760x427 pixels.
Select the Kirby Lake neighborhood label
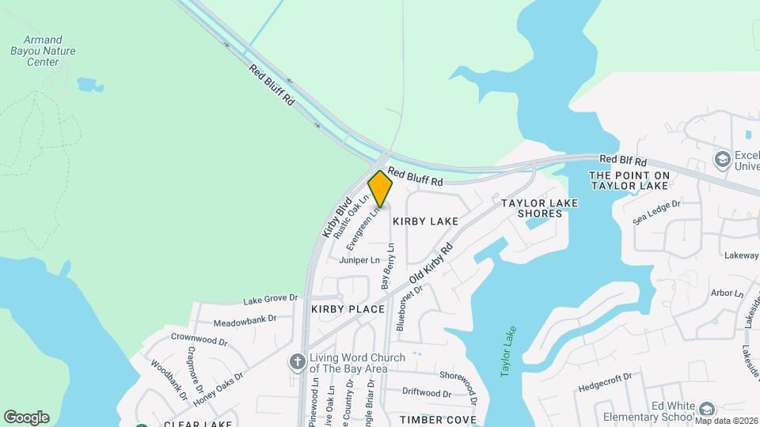point(425,221)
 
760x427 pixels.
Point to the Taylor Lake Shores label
point(540,208)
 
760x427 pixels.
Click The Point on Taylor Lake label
point(629,179)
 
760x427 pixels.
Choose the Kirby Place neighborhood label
point(348,308)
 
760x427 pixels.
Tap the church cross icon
point(298,361)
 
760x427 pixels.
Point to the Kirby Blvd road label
point(336,217)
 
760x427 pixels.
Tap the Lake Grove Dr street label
point(270,300)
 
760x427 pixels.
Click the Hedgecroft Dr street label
point(605,378)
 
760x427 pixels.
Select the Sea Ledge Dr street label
point(656,213)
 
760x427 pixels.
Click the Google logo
point(26,417)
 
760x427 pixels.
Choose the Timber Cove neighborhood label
point(438,419)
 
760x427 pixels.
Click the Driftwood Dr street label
point(426,392)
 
